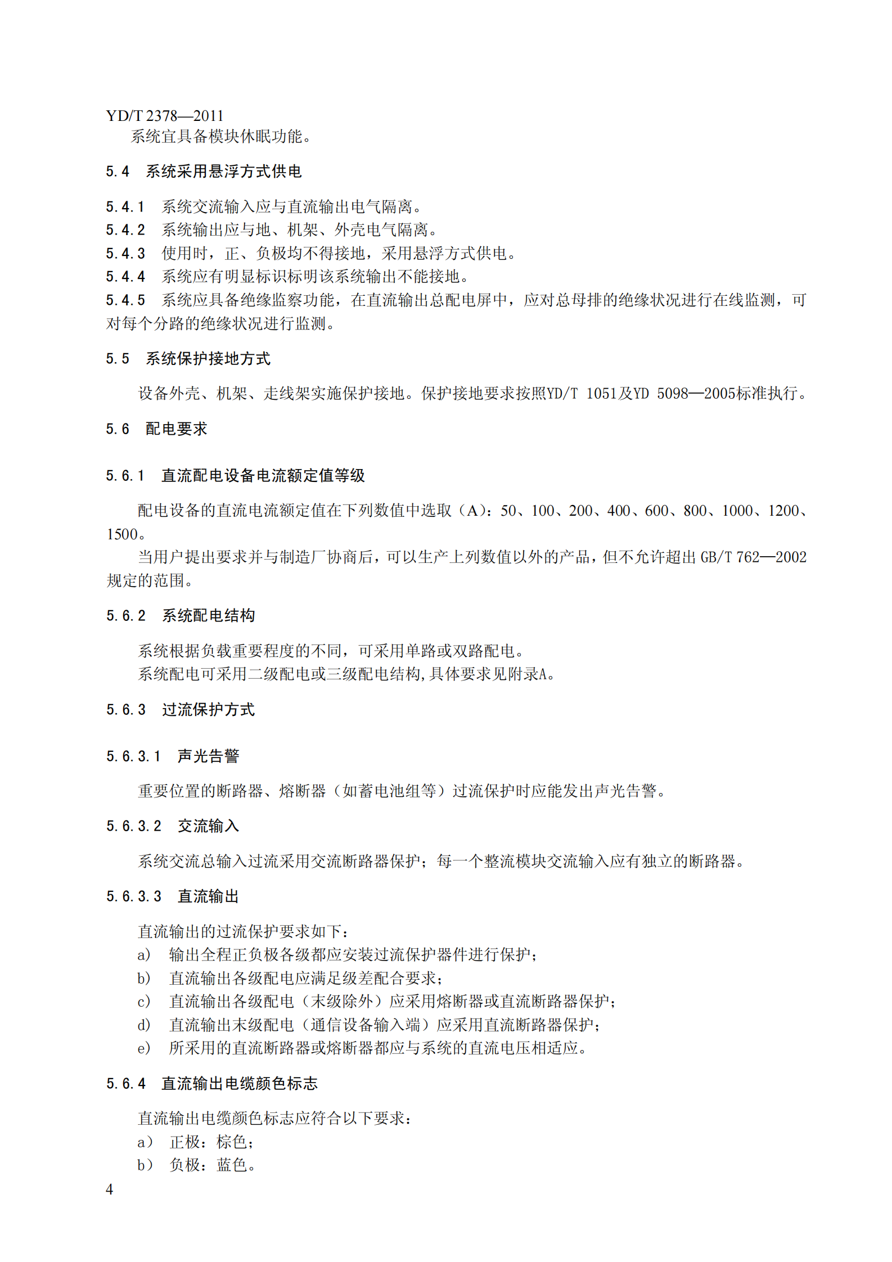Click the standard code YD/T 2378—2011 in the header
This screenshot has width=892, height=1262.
[164, 116]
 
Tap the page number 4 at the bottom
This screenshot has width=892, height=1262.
[109, 1189]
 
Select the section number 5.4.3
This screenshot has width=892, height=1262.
[125, 254]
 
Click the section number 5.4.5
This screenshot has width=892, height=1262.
[125, 300]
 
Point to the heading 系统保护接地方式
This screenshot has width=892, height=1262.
[208, 359]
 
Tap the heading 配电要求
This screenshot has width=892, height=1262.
[176, 429]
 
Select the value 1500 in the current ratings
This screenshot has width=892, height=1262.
[122, 534]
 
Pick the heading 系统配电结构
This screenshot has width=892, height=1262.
[208, 616]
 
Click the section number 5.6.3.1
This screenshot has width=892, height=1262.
[133, 756]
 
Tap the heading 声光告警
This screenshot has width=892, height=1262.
[208, 756]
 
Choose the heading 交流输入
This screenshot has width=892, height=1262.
[208, 826]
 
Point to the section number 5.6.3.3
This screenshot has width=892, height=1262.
[133, 896]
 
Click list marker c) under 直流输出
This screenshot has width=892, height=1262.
[144, 1002]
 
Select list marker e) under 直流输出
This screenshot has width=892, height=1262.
[144, 1048]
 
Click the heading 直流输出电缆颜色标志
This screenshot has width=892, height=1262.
[240, 1084]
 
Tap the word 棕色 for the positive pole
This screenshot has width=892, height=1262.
[232, 1142]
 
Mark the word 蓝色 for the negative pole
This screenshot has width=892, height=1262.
[232, 1165]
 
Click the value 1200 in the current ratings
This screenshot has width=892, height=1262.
[783, 511]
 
